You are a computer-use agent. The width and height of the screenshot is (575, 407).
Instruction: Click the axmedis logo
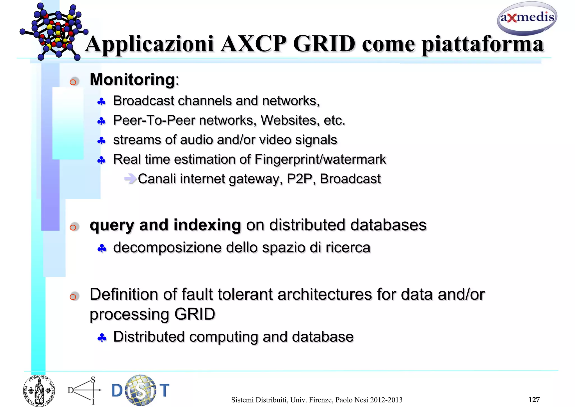pos(527,18)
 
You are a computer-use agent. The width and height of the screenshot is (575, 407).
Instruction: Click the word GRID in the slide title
pos(324,44)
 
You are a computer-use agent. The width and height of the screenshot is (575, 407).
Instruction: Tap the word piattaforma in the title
pos(483,45)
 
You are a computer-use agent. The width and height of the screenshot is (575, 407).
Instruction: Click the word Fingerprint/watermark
pos(320,159)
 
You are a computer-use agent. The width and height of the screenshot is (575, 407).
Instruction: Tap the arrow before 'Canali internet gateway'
pos(130,178)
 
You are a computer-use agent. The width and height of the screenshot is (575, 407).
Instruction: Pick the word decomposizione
pos(167,248)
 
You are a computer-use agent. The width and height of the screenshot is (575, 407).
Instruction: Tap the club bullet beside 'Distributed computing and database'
pos(102,338)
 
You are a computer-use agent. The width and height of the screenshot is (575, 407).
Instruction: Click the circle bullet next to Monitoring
pos(74,82)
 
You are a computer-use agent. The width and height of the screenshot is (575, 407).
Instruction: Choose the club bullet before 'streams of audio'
pos(101,141)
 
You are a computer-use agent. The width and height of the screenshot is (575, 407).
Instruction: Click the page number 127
pos(534,399)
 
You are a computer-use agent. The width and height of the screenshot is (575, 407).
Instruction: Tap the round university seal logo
pos(39,391)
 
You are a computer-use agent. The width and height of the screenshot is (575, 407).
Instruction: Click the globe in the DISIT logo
pos(141,390)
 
